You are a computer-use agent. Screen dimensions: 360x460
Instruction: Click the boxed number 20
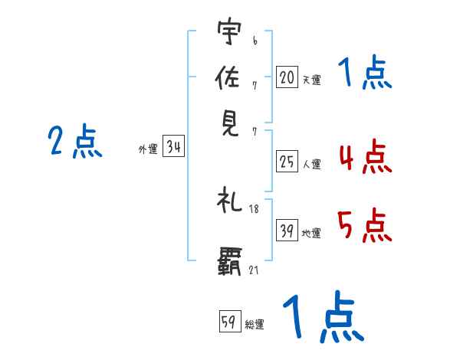click(287, 77)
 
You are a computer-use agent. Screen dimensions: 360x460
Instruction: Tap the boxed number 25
click(287, 162)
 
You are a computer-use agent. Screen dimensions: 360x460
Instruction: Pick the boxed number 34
click(173, 148)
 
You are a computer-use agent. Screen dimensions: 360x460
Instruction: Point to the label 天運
click(311, 79)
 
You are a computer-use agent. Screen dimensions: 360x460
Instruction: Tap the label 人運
click(311, 164)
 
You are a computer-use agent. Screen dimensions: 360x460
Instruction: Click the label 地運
click(311, 234)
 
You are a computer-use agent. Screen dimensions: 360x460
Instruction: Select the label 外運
click(148, 150)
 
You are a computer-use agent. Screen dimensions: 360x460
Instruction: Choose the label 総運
click(255, 324)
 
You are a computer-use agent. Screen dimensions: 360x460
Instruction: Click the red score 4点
click(364, 159)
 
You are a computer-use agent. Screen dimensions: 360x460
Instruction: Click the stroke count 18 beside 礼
click(254, 209)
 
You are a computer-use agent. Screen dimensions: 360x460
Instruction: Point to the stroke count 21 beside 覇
click(254, 270)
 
